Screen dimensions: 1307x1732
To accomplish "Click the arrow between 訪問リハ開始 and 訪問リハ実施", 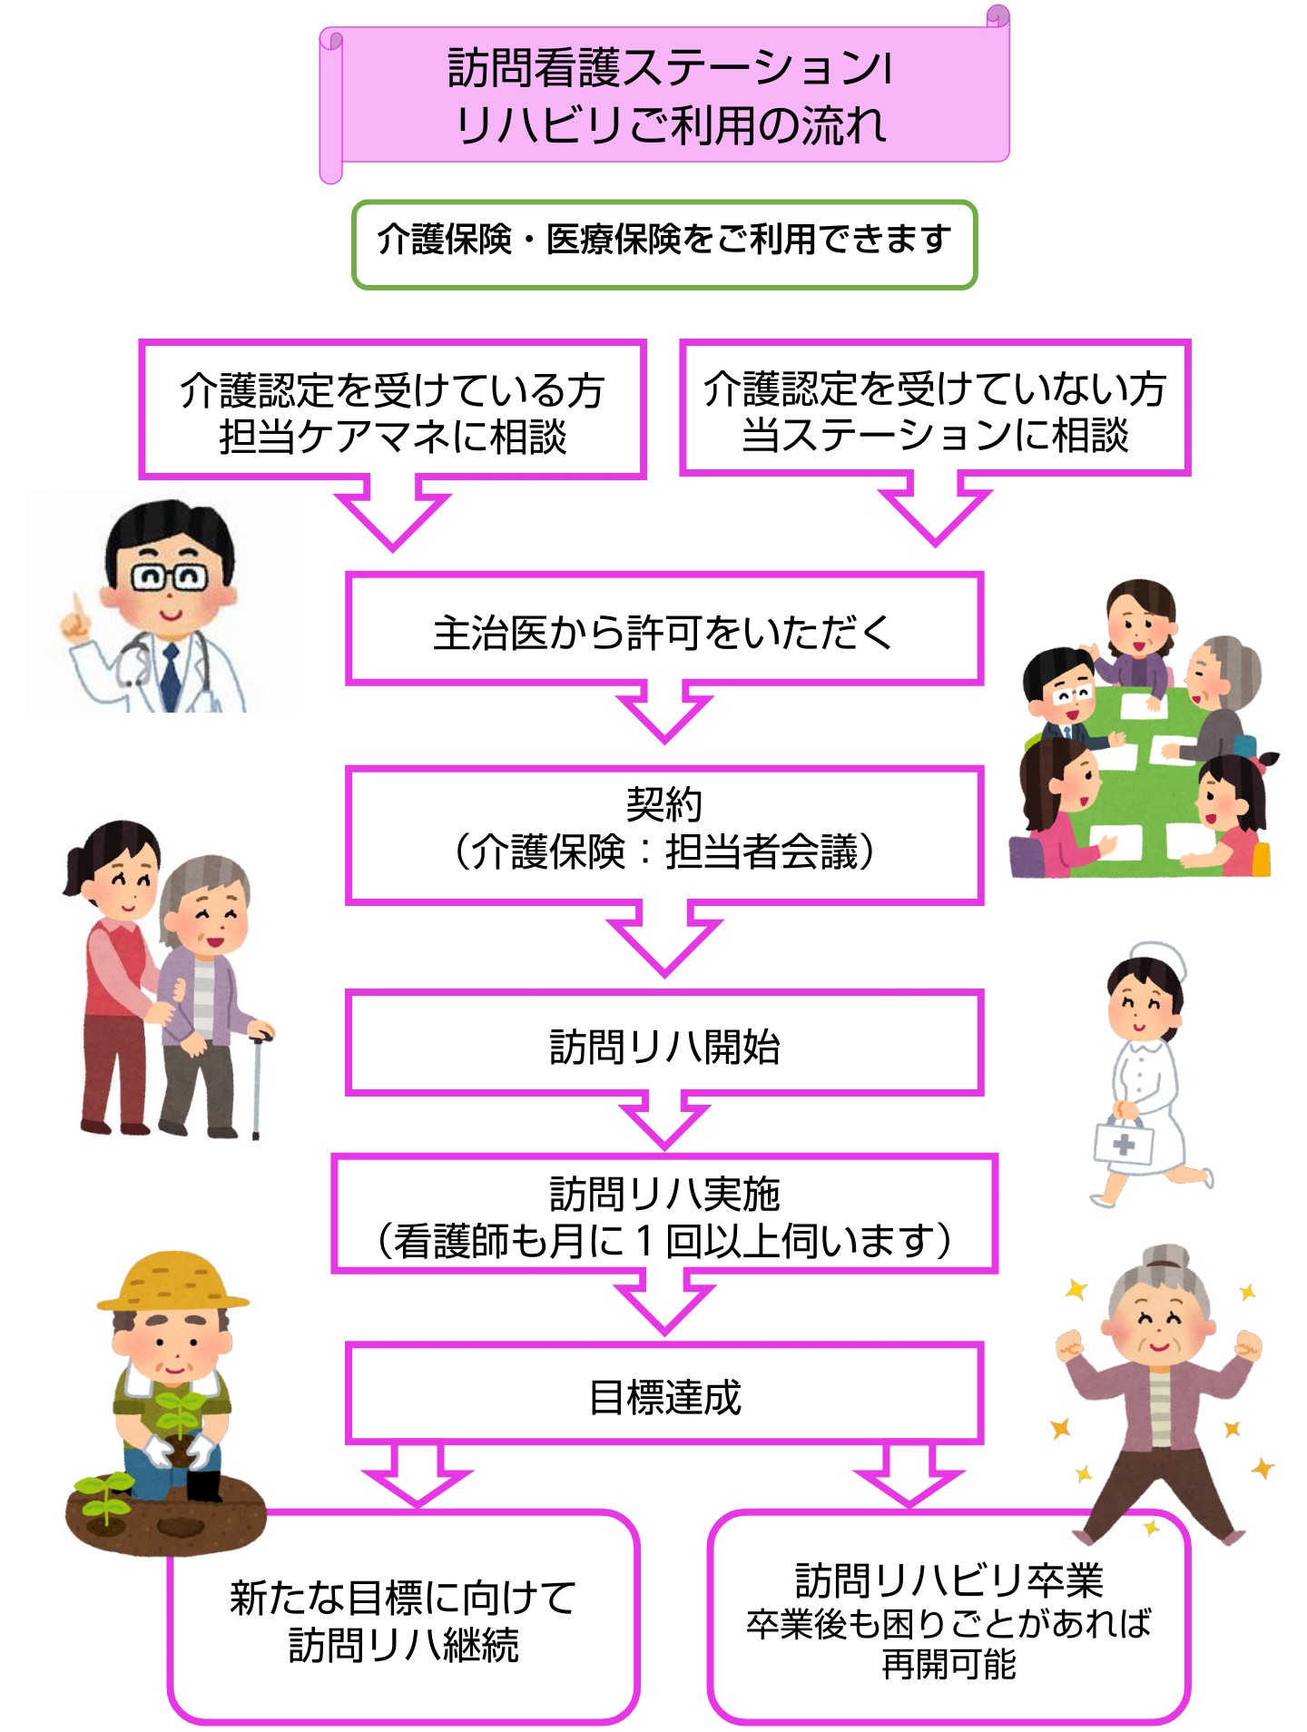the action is pos(664,1123).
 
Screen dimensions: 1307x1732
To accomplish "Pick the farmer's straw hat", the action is pos(172,1282).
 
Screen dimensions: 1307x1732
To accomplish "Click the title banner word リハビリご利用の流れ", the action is pos(672,125).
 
